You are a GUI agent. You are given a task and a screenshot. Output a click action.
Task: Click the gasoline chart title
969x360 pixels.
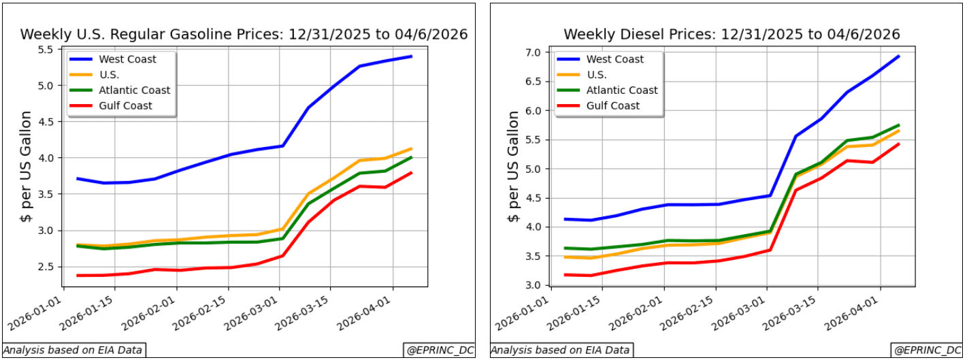point(244,34)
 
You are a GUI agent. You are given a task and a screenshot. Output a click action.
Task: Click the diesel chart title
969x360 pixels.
point(732,34)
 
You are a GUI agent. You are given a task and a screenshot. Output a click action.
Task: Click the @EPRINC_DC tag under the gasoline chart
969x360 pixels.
point(438,350)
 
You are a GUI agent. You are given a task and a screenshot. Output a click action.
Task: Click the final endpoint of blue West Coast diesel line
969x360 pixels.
point(899,56)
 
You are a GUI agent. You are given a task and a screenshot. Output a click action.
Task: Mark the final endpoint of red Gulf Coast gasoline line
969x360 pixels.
point(411,173)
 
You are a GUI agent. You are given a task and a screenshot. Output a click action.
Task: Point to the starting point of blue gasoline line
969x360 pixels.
point(78,178)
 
